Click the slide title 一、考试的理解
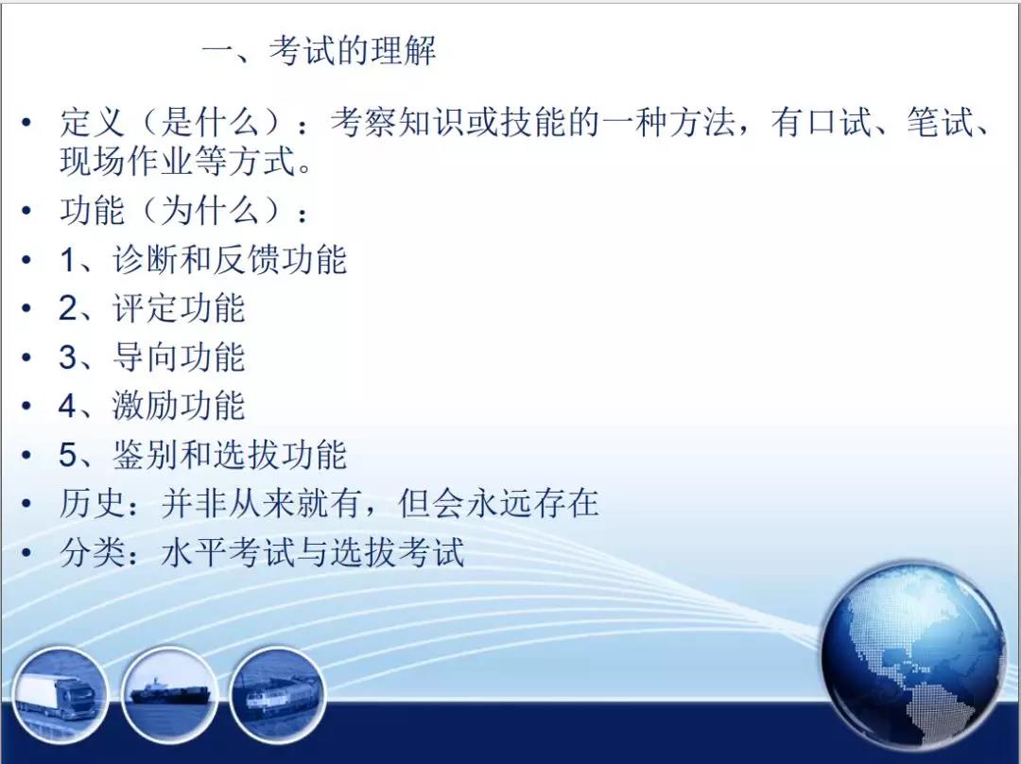click(x=320, y=50)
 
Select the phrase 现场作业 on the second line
click(x=126, y=161)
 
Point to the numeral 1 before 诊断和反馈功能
click(x=68, y=260)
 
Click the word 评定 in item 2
click(x=146, y=308)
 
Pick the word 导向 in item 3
click(x=146, y=356)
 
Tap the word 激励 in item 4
click(x=146, y=406)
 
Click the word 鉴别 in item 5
click(x=146, y=455)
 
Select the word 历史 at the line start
click(x=92, y=503)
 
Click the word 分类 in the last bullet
click(x=92, y=552)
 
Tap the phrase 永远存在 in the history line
click(x=532, y=503)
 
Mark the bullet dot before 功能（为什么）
click(x=26, y=211)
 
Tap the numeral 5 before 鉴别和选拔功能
click(x=68, y=455)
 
